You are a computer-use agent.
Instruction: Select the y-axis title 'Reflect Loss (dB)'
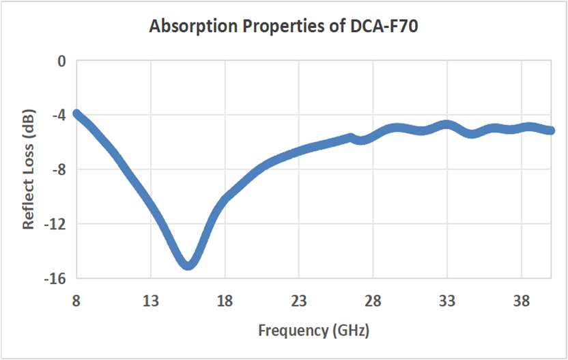(29, 169)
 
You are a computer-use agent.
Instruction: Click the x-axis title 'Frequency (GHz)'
(314, 331)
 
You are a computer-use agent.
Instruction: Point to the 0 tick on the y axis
(61, 61)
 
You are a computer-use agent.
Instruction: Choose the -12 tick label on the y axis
(55, 224)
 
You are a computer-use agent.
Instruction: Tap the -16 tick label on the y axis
(55, 278)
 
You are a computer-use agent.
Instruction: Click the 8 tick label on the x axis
(76, 301)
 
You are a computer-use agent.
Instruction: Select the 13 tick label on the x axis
(151, 301)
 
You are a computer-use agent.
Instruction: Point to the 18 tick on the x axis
(225, 301)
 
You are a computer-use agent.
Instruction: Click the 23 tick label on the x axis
(299, 301)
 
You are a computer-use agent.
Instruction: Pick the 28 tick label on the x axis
(373, 301)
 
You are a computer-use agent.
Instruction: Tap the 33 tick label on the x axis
(447, 301)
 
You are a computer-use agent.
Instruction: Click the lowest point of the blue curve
(188, 264)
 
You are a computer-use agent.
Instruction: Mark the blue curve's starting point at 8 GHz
(77, 114)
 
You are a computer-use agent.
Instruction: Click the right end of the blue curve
(551, 130)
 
